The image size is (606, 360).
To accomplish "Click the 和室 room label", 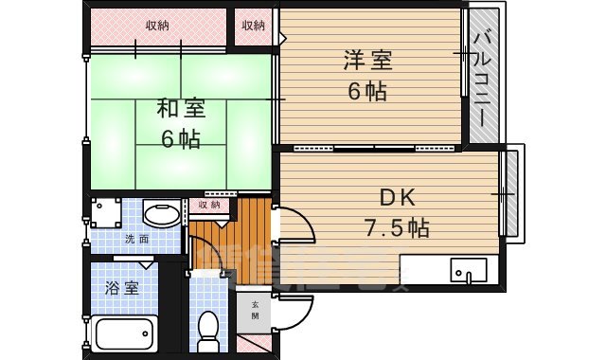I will [180, 107].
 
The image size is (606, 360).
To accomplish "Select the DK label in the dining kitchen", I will [398, 198].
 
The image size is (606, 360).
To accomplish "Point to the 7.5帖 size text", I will [398, 227].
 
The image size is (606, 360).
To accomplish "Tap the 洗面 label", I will [136, 239].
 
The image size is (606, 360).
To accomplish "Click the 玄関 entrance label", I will [255, 310].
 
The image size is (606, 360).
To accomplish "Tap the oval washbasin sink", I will [162, 213].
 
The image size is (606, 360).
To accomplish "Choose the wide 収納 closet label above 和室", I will [159, 25].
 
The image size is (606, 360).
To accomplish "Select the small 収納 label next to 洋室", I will [253, 25].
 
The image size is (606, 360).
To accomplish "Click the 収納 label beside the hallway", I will [209, 204].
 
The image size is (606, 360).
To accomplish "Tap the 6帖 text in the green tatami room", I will [180, 139].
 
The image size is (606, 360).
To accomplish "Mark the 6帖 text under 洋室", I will [367, 93].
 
